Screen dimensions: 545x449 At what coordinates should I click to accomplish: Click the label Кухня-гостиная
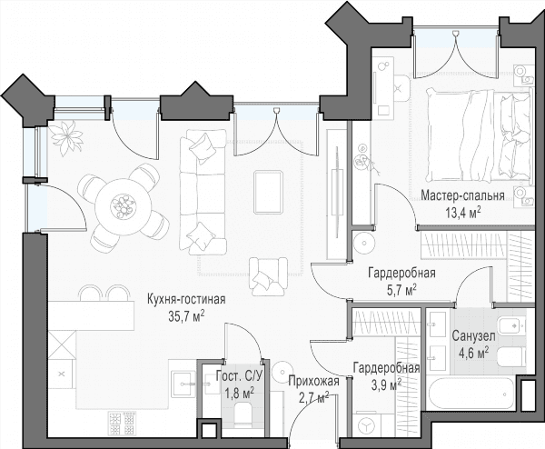[186, 300]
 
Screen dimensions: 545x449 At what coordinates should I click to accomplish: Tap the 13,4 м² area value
[463, 212]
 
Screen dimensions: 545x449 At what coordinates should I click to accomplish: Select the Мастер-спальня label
[462, 195]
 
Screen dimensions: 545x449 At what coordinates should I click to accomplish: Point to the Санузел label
[473, 336]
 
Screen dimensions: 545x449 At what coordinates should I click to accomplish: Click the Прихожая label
[313, 382]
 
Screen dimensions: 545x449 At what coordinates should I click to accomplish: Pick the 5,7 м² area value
[401, 290]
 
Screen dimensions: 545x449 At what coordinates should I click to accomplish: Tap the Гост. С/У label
[239, 376]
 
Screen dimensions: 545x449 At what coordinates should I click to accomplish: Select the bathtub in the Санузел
[471, 394]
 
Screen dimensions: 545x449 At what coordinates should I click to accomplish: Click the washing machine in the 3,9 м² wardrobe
[365, 424]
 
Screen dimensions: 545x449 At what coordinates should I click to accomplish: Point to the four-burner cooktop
[122, 424]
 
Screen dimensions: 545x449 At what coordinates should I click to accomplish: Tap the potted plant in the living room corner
[67, 137]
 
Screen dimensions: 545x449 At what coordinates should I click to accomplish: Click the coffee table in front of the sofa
[268, 192]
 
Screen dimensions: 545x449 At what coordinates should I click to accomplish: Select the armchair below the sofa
[268, 276]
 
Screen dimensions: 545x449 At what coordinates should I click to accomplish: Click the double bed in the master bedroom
[480, 135]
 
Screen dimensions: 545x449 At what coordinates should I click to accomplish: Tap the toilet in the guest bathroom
[243, 414]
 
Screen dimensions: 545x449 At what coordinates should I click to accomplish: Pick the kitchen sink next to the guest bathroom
[183, 384]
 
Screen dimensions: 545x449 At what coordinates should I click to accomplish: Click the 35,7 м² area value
[186, 316]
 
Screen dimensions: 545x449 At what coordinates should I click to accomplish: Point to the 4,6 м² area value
[473, 353]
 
